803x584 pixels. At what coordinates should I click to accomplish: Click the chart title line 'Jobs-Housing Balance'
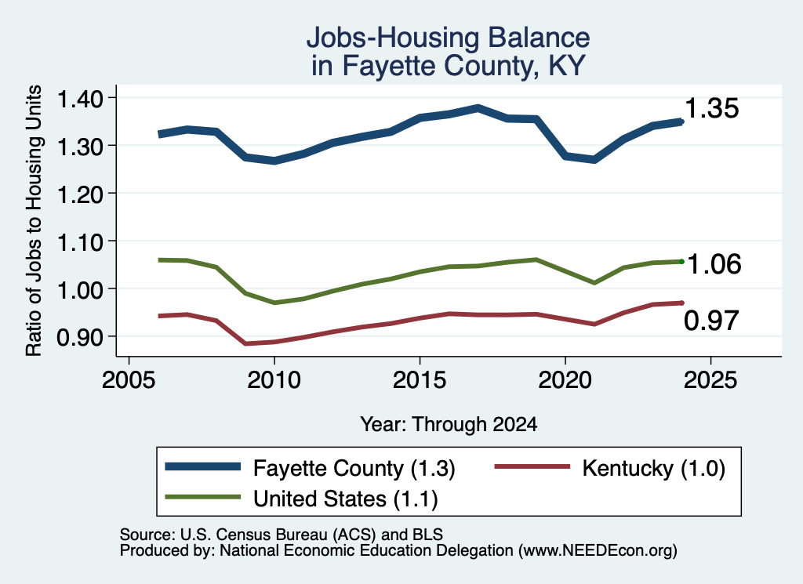pos(448,38)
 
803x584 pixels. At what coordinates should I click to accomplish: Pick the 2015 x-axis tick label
pos(420,379)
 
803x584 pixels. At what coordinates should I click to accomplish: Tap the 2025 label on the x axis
pos(710,379)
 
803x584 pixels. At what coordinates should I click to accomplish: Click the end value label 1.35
pos(711,108)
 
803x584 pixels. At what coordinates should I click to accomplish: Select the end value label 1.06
pos(714,264)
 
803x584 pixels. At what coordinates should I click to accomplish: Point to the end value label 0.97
pos(711,321)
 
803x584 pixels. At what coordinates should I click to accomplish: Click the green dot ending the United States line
pos(681,262)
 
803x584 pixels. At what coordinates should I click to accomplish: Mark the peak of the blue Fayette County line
pos(478,108)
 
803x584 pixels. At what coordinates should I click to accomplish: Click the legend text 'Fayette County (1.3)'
pos(354,468)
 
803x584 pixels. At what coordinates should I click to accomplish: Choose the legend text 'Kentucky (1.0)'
pos(653,468)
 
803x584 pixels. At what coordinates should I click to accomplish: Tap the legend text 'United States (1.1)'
pos(346,499)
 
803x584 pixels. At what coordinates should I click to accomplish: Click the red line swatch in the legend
pos(532,466)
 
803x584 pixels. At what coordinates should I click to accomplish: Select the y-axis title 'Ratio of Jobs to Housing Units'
pos(34,220)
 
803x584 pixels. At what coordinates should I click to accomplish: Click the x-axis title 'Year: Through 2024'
pos(449,424)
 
